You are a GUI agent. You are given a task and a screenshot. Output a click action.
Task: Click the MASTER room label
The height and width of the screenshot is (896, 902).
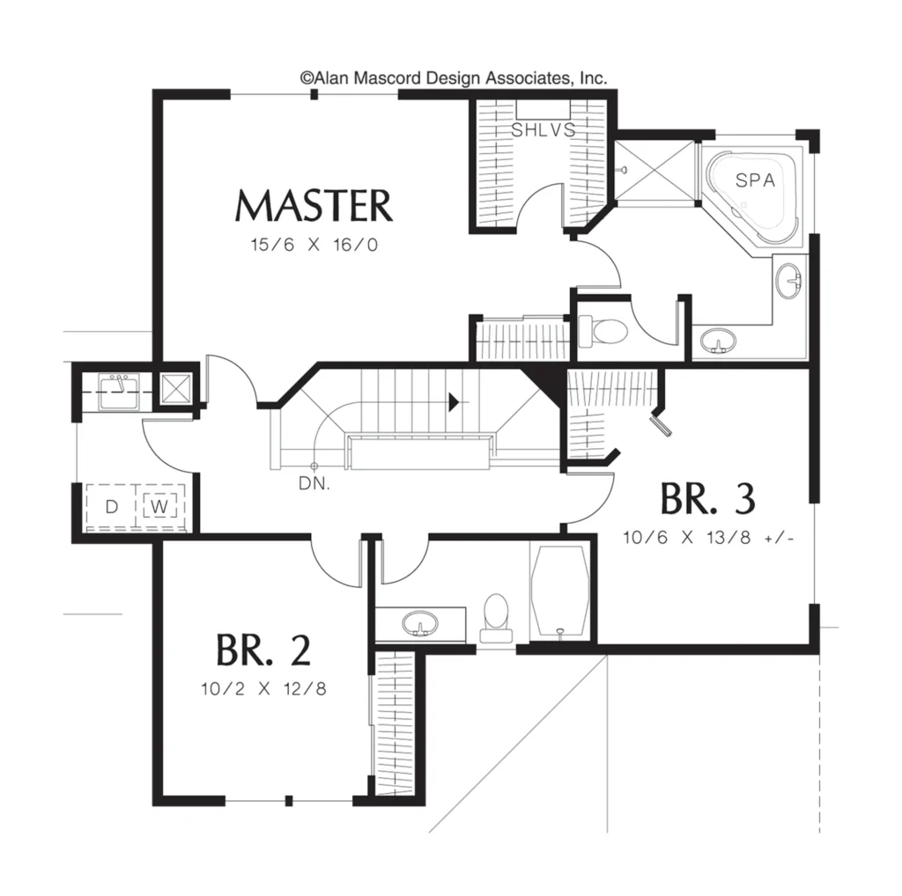point(314,206)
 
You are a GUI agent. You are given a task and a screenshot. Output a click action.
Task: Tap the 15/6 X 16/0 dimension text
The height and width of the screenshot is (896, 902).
point(314,245)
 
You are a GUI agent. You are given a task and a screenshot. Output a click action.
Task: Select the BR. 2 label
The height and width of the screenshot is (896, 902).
point(263,650)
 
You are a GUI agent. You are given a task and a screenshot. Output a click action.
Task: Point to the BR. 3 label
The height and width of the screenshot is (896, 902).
point(707,498)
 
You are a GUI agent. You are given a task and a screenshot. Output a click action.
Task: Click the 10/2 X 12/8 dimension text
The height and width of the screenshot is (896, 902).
point(263,688)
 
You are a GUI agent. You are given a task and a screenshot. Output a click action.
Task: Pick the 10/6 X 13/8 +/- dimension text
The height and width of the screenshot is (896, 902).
point(708,538)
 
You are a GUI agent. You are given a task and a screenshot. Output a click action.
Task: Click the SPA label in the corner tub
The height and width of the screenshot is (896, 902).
point(755,180)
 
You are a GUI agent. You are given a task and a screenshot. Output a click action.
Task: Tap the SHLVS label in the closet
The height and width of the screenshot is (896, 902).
point(543,130)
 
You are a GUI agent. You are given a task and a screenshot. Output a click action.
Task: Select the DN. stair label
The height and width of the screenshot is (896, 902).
point(314,483)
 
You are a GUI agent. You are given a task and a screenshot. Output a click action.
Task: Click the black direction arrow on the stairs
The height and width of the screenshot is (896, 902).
point(454,402)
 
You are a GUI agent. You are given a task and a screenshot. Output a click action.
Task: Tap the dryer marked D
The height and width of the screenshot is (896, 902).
point(111,506)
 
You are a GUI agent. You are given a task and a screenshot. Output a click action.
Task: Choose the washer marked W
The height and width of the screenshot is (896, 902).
point(159,506)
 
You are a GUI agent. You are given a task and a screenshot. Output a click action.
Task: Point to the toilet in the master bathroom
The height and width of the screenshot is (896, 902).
point(602,332)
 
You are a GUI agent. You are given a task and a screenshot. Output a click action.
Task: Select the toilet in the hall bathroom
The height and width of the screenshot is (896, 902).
point(496,618)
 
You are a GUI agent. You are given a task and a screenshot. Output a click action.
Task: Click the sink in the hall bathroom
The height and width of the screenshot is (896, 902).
point(420,623)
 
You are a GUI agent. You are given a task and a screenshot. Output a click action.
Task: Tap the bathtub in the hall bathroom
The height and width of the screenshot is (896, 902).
point(560,591)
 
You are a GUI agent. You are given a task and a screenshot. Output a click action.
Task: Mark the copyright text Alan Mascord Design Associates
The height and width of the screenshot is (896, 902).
point(454,77)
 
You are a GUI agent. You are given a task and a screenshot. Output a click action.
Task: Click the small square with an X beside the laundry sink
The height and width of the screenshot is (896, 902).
point(175,387)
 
